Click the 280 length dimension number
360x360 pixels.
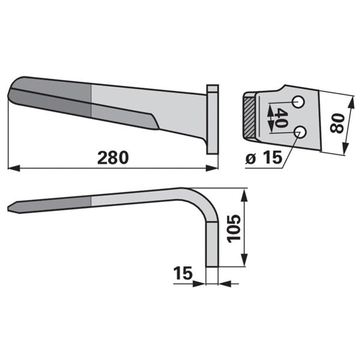tap(113, 158)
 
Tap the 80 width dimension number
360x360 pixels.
tap(337, 124)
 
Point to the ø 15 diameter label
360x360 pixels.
tap(263, 158)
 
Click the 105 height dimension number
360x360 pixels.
tap(233, 229)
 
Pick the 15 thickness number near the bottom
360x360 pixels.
tap(183, 273)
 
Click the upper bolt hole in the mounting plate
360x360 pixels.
tap(298, 102)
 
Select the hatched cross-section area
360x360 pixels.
tap(250, 117)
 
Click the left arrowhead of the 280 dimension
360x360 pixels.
tap(13, 168)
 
